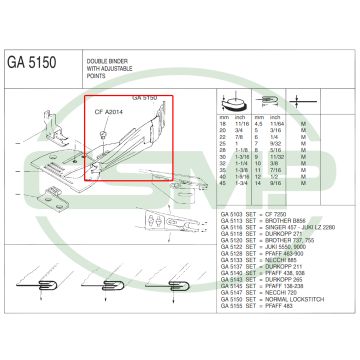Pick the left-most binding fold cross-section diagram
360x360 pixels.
pyautogui.click(x=38, y=291)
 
